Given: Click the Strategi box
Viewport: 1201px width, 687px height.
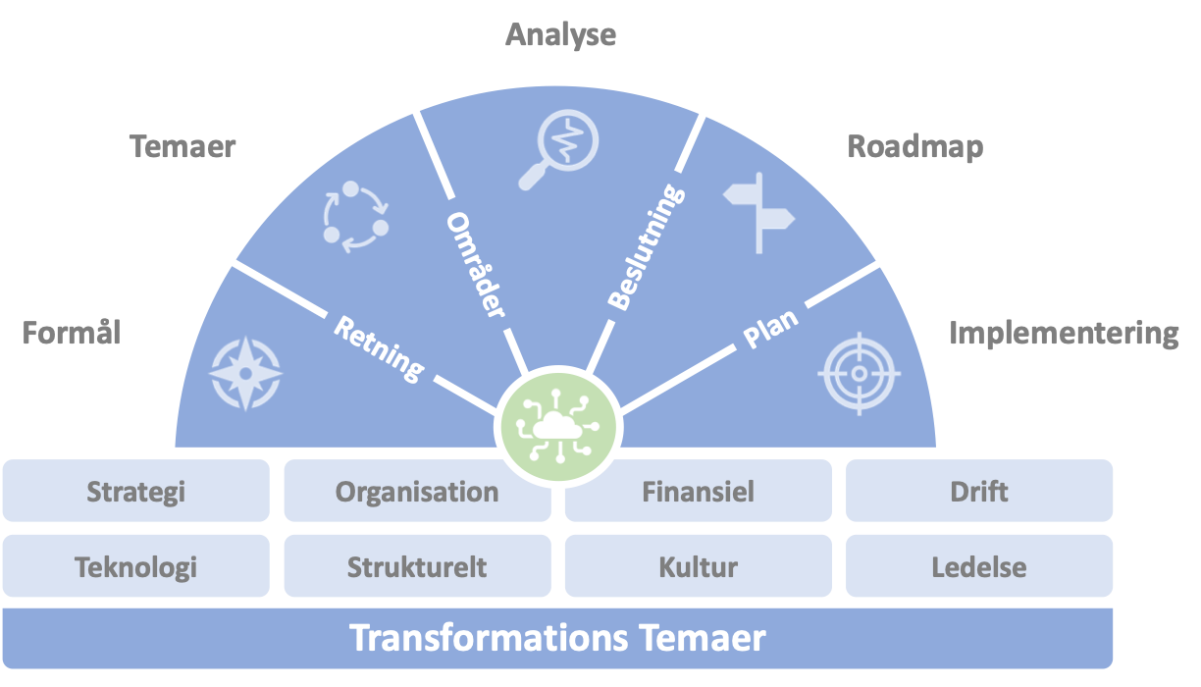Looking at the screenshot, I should [135, 491].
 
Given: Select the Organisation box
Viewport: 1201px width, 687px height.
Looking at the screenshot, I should [417, 491].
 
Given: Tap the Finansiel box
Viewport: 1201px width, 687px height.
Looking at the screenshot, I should [698, 491].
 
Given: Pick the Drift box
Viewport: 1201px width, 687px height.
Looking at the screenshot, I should [979, 491].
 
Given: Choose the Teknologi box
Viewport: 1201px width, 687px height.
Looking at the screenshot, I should [135, 566].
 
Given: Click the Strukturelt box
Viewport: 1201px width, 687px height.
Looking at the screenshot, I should [417, 566].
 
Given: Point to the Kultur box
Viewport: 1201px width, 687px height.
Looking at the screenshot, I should [698, 566].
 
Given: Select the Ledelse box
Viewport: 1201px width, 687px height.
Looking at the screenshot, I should [979, 566].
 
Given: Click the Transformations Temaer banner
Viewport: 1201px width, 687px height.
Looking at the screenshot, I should [557, 638].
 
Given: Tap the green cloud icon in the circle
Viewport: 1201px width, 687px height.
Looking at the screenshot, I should [556, 428].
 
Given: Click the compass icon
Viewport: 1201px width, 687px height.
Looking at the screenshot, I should [245, 374].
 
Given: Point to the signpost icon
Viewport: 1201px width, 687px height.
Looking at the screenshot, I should [758, 211].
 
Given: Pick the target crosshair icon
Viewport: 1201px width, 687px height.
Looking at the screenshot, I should [859, 373].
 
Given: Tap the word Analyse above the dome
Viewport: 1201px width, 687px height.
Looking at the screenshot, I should [560, 35].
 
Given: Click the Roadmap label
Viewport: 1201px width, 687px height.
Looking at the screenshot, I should [914, 147].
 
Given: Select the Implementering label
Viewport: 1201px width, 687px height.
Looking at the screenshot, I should [1064, 334].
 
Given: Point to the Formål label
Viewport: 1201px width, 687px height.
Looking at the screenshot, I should [72, 334].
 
